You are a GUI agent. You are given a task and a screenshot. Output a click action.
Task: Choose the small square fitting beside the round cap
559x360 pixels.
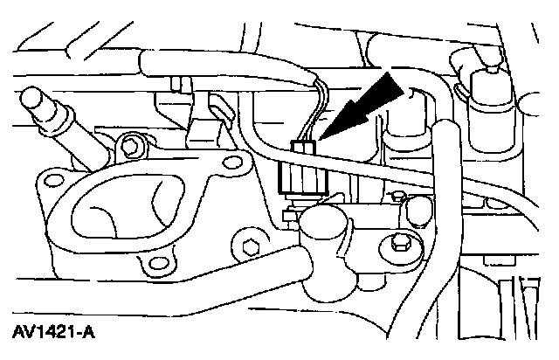point(288,214)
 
